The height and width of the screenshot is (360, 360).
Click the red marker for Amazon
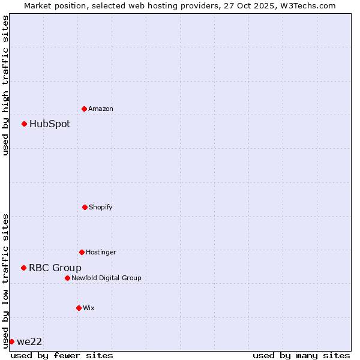click(x=85, y=109)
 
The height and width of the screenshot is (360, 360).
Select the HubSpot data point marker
click(x=25, y=124)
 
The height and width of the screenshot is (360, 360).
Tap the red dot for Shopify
click(x=85, y=207)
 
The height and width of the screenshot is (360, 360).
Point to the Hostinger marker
click(x=82, y=252)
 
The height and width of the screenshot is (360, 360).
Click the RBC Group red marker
click(x=24, y=268)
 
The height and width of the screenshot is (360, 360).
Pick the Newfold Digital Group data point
click(x=67, y=278)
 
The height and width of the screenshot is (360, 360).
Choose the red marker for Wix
click(x=79, y=308)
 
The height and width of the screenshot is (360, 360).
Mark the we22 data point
click(x=12, y=341)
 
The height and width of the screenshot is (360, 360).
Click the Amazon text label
click(x=101, y=109)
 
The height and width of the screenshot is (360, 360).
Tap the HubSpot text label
click(x=50, y=124)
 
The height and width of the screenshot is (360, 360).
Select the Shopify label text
click(x=101, y=207)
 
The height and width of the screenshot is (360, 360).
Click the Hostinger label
click(x=101, y=252)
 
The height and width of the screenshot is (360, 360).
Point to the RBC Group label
click(x=55, y=268)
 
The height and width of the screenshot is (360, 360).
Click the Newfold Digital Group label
click(x=106, y=278)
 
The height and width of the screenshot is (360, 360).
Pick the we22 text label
click(x=29, y=342)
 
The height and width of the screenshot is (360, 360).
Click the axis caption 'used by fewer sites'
click(x=62, y=355)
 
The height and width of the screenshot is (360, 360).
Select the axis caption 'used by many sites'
click(x=301, y=355)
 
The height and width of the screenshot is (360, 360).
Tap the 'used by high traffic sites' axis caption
click(x=5, y=85)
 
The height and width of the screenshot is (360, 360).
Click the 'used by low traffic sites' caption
click(x=5, y=280)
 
